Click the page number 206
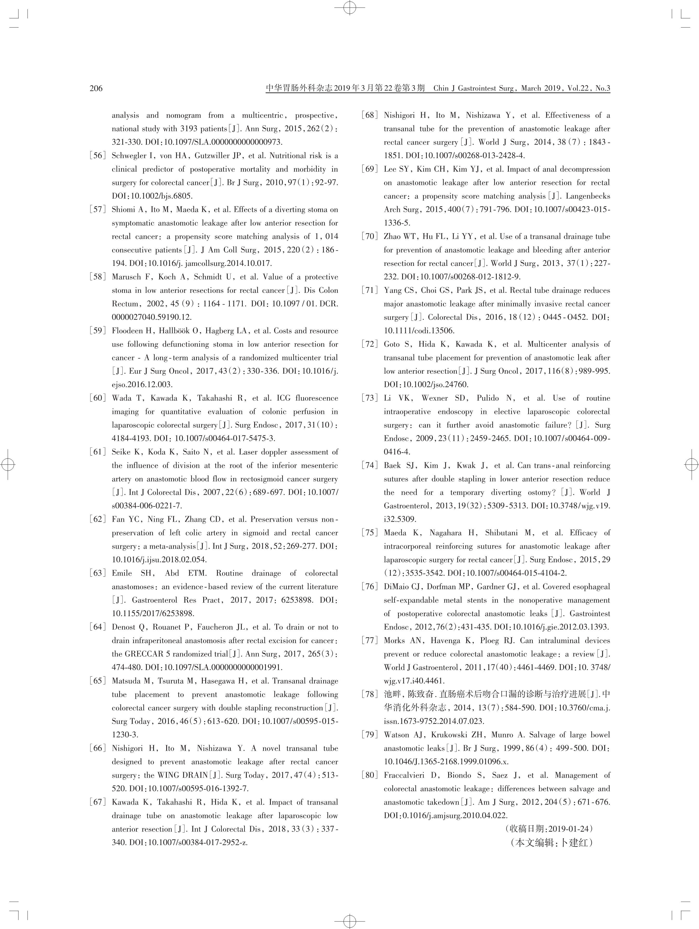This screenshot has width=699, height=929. [96, 88]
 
